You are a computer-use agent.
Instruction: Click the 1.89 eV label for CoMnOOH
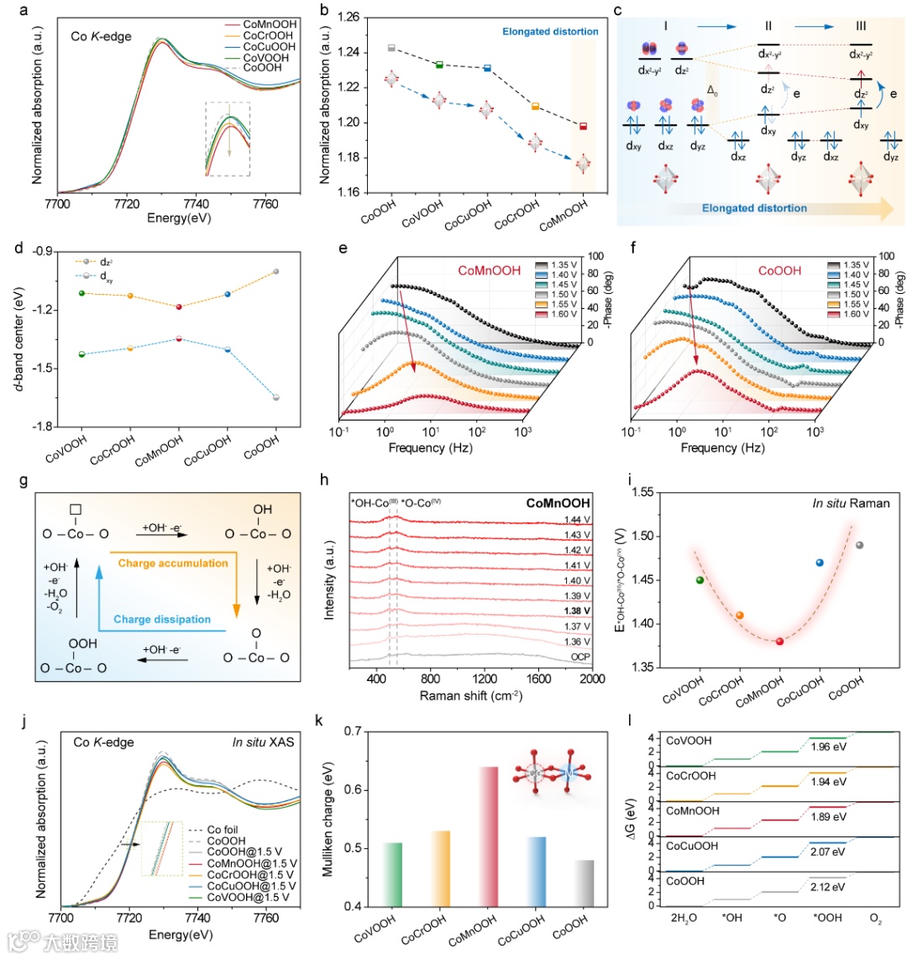829,816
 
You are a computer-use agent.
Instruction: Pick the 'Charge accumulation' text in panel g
173,563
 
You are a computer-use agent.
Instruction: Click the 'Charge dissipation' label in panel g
162,619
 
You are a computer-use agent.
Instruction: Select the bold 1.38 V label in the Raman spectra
577,611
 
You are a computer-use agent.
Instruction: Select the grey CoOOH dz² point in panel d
275,271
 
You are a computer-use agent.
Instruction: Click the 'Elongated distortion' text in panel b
550,32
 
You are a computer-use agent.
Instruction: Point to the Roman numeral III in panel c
860,28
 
